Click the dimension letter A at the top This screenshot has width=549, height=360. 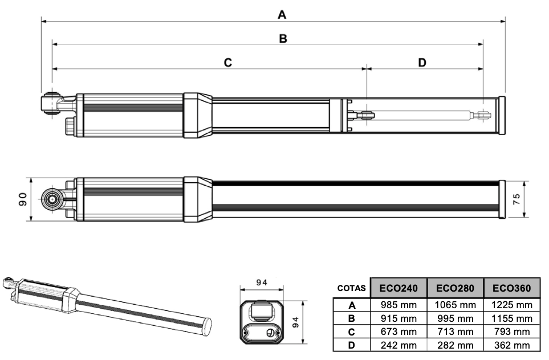pyautogui.click(x=282, y=15)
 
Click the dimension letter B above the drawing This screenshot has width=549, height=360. pyautogui.click(x=283, y=39)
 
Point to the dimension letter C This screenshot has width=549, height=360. pyautogui.click(x=228, y=63)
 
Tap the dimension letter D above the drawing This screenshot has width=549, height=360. pyautogui.click(x=422, y=63)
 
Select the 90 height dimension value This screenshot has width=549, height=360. pyautogui.click(x=23, y=199)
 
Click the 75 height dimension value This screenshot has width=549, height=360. pyautogui.click(x=516, y=199)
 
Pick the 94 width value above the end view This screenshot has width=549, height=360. pyautogui.click(x=262, y=283)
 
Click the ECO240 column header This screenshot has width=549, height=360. pyautogui.click(x=398, y=288)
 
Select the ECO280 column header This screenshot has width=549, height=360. pyautogui.click(x=455, y=288)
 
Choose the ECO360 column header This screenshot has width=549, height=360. pyautogui.click(x=511, y=288)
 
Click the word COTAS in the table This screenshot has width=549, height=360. pyautogui.click(x=351, y=288)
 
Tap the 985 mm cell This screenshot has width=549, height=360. pyautogui.click(x=398, y=305)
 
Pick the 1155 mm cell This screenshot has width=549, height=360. pyautogui.click(x=511, y=318)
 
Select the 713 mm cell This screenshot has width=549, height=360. pyautogui.click(x=455, y=332)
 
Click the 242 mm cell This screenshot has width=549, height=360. pyautogui.click(x=398, y=345)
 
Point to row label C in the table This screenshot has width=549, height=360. pyautogui.click(x=352, y=332)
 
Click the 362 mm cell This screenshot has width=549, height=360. pyautogui.click(x=511, y=345)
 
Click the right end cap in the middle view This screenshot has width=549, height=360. pyautogui.click(x=502, y=199)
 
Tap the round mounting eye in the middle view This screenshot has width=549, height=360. pyautogui.click(x=52, y=199)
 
